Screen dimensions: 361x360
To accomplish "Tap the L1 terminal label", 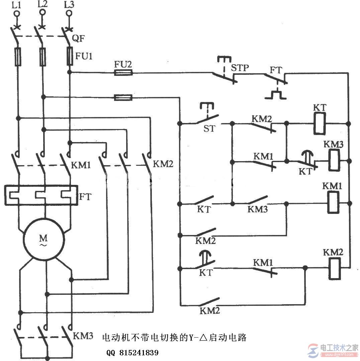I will [15, 4].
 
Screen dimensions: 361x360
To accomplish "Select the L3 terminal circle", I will [69, 13].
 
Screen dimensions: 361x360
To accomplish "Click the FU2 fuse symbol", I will [123, 73].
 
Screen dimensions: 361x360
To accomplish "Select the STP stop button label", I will [240, 68].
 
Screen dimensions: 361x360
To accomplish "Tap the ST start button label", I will [209, 128].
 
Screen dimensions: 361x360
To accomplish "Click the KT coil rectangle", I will [320, 123].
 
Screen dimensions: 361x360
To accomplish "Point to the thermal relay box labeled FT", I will [41, 195].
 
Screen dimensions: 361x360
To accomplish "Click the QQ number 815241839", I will [132, 353].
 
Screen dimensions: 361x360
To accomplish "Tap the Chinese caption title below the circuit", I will [174, 338].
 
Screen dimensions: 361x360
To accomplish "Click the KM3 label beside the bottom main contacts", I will [83, 336].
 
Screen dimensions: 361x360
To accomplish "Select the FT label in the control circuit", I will [276, 70].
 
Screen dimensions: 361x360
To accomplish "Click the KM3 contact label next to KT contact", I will [258, 209].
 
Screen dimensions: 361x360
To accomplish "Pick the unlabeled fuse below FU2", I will [123, 97].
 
